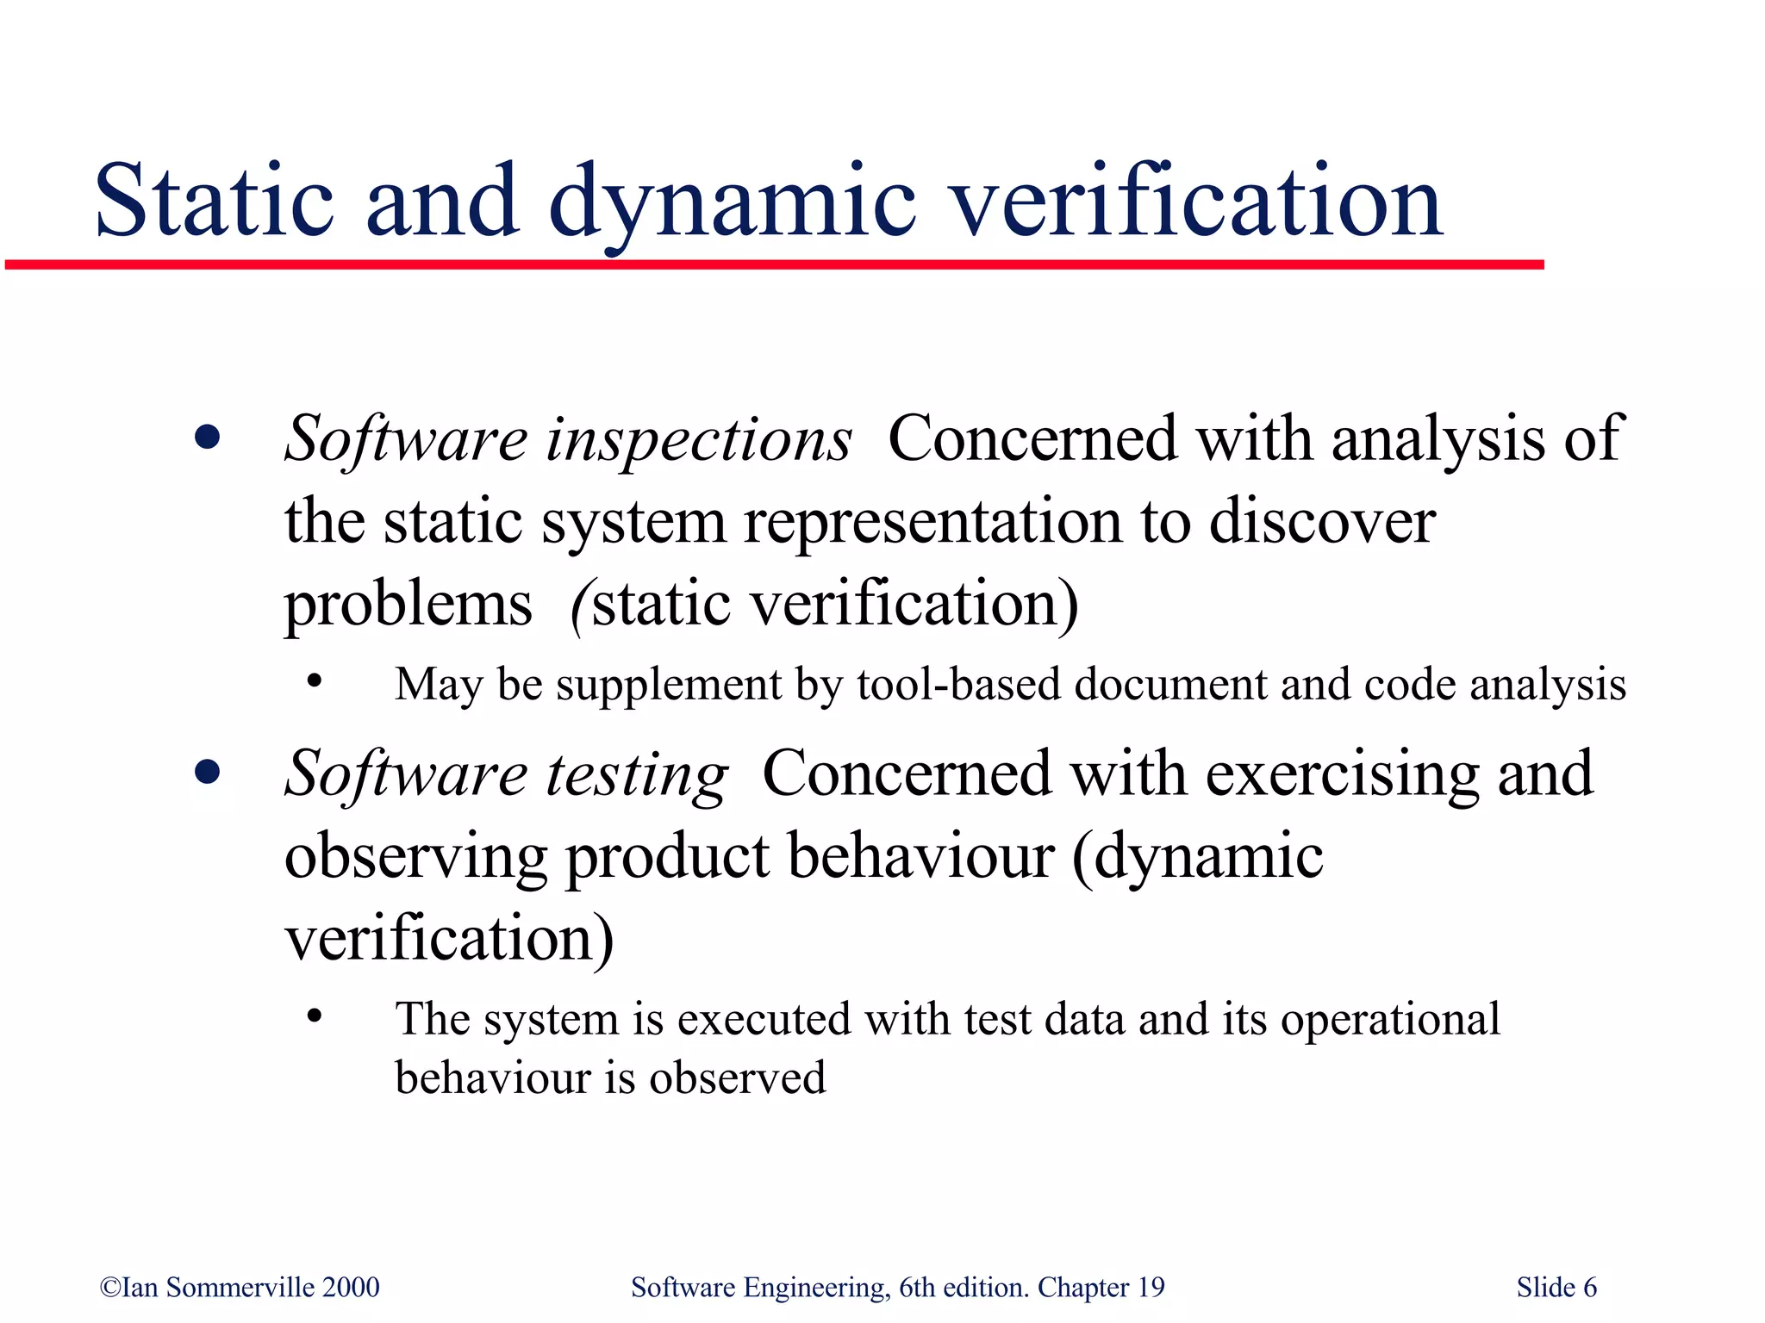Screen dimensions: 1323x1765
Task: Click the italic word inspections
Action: coord(699,439)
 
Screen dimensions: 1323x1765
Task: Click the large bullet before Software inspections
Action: coord(207,438)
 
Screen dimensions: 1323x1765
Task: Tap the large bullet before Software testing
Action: coord(207,772)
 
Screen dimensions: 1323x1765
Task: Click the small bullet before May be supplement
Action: coord(315,681)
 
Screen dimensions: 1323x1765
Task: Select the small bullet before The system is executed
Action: coord(315,1016)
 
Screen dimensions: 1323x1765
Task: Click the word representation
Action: coord(933,522)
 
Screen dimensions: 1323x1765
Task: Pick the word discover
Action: coord(1322,522)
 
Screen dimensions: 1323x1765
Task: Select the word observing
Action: coord(415,857)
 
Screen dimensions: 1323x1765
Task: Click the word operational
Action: coord(1390,1020)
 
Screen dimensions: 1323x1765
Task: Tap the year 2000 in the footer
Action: coord(351,1287)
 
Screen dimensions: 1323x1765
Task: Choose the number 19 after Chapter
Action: coord(1151,1287)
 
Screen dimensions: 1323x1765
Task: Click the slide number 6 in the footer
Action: coord(1589,1287)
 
